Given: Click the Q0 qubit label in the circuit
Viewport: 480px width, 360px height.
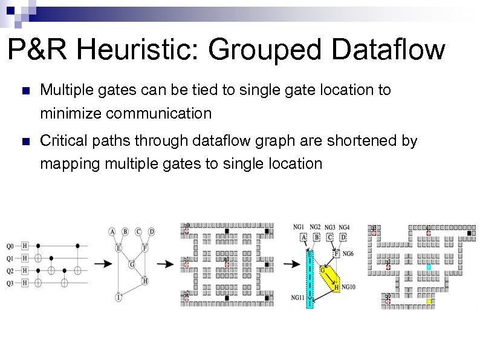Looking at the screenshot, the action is (10, 246).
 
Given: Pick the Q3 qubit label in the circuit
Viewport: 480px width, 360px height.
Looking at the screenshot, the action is (10, 283).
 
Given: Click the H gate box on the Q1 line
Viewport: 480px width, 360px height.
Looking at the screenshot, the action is (25, 258).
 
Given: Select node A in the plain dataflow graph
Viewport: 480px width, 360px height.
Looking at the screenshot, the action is (112, 231).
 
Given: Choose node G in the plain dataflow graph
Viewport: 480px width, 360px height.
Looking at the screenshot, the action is (132, 264).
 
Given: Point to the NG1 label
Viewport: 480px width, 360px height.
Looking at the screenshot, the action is (299, 227).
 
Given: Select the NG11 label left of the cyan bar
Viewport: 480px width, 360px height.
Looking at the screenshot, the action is (297, 298).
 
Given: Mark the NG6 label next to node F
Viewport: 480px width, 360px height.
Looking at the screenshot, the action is (348, 254).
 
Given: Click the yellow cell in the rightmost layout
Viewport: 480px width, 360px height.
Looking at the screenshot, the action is (429, 301).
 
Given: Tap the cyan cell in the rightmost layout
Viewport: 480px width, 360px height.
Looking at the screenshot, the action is (429, 267).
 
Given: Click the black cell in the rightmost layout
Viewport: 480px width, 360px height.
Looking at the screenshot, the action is (469, 232).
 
